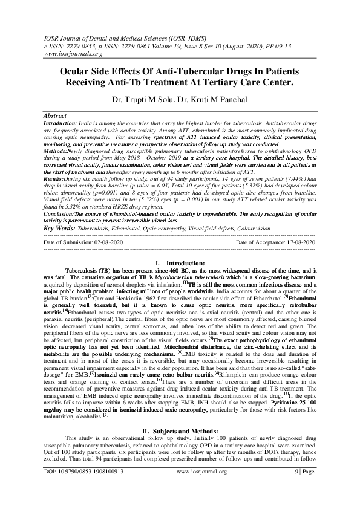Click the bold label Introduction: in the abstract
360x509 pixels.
61,122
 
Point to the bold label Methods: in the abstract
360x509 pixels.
56,148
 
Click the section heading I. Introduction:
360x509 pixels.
180,264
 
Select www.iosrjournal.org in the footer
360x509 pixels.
181,487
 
